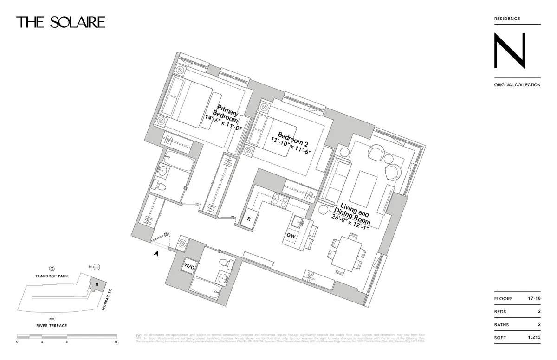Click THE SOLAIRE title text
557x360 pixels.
(x=61, y=22)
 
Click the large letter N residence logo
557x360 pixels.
(x=509, y=51)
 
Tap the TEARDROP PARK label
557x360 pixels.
(x=52, y=276)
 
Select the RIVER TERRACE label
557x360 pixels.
(x=52, y=326)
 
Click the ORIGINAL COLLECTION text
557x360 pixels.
(x=517, y=85)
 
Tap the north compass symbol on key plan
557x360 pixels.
(x=96, y=267)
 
